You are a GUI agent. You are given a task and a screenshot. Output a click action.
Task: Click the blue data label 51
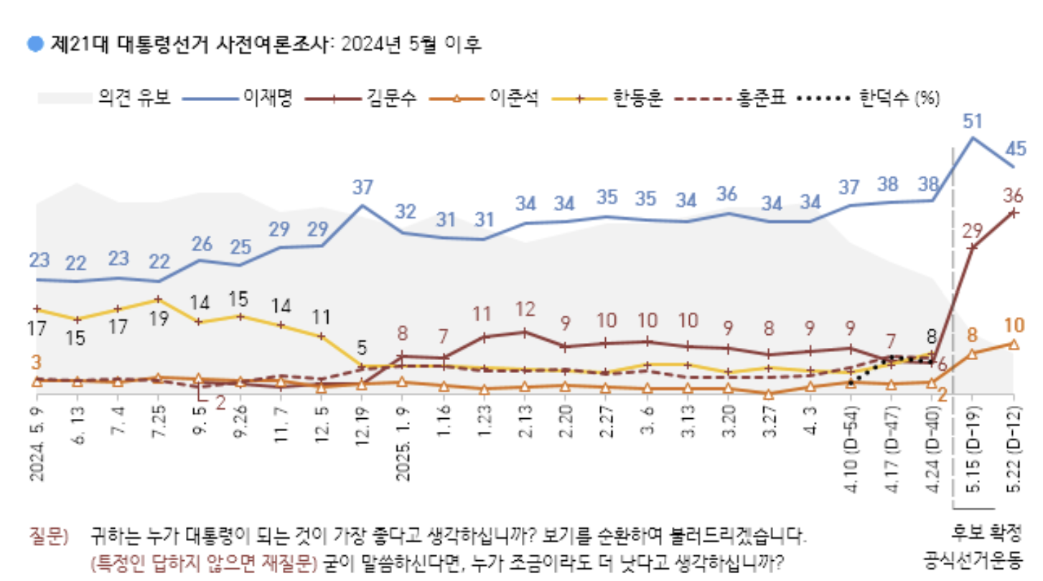tap(973, 122)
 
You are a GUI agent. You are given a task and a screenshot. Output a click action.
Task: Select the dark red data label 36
tap(1012, 194)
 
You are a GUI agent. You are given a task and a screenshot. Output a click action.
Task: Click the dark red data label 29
tap(972, 231)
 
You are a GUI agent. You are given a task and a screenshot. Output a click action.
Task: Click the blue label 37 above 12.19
tap(363, 188)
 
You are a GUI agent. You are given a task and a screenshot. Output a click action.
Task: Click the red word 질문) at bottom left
tap(48, 536)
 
